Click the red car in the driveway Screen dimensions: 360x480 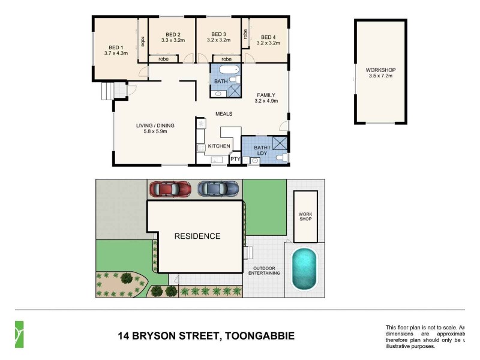pyautogui.click(x=170, y=188)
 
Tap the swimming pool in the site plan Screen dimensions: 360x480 pyautogui.click(x=304, y=269)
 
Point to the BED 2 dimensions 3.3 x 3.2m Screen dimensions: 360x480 pyautogui.click(x=173, y=41)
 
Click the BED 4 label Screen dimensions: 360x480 pyautogui.click(x=268, y=37)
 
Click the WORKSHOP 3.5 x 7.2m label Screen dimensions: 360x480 pyautogui.click(x=380, y=74)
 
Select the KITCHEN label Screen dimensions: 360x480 pyautogui.click(x=219, y=146)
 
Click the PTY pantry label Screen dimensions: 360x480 pyautogui.click(x=235, y=159)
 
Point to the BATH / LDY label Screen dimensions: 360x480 pyautogui.click(x=262, y=150)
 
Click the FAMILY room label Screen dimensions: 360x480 pyautogui.click(x=266, y=95)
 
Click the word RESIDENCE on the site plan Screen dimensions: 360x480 pyautogui.click(x=197, y=236)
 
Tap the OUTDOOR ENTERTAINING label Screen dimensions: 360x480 pyautogui.click(x=265, y=270)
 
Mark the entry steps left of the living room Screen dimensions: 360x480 pyautogui.click(x=106, y=92)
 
